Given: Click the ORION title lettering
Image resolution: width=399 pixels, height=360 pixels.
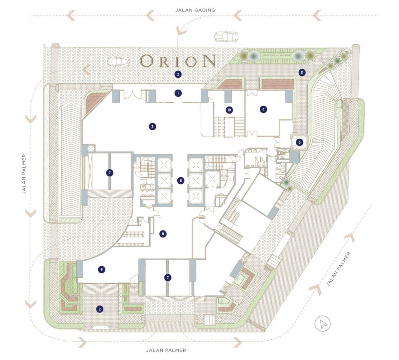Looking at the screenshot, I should (x=178, y=61).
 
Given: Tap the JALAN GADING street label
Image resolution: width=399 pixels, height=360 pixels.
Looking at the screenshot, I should (x=195, y=10).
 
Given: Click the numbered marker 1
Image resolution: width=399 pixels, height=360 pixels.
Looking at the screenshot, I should (x=178, y=93).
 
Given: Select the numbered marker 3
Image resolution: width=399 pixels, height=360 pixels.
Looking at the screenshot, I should (x=152, y=127).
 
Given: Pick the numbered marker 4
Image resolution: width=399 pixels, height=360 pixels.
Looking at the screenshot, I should (x=263, y=109).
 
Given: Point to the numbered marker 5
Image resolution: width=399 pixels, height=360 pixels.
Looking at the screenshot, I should (x=299, y=142).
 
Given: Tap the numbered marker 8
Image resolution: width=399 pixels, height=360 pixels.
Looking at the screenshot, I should (x=162, y=234).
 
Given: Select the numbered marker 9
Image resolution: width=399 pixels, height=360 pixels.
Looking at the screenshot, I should (x=101, y=270).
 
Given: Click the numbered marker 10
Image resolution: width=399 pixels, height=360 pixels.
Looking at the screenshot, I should (x=229, y=110).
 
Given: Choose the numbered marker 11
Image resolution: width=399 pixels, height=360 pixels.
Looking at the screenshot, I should (x=301, y=73).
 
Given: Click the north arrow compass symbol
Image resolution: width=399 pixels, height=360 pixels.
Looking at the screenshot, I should (x=322, y=324).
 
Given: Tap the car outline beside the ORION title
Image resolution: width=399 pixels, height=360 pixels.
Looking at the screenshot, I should (x=118, y=61).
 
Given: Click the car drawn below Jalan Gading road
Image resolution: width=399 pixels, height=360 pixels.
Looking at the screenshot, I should (x=226, y=36).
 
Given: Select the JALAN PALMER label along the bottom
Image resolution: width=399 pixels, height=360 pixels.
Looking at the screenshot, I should (x=166, y=350).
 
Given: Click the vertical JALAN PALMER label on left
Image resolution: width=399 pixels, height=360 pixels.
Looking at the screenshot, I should (x=24, y=174).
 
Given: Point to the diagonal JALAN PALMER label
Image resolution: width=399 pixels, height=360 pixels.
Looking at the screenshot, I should (x=339, y=269).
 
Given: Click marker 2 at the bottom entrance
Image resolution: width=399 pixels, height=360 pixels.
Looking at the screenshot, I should (x=100, y=309).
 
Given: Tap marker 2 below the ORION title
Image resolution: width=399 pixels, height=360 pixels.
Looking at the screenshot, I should (x=178, y=74).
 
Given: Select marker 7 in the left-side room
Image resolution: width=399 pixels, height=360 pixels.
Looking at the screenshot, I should (x=109, y=173).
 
